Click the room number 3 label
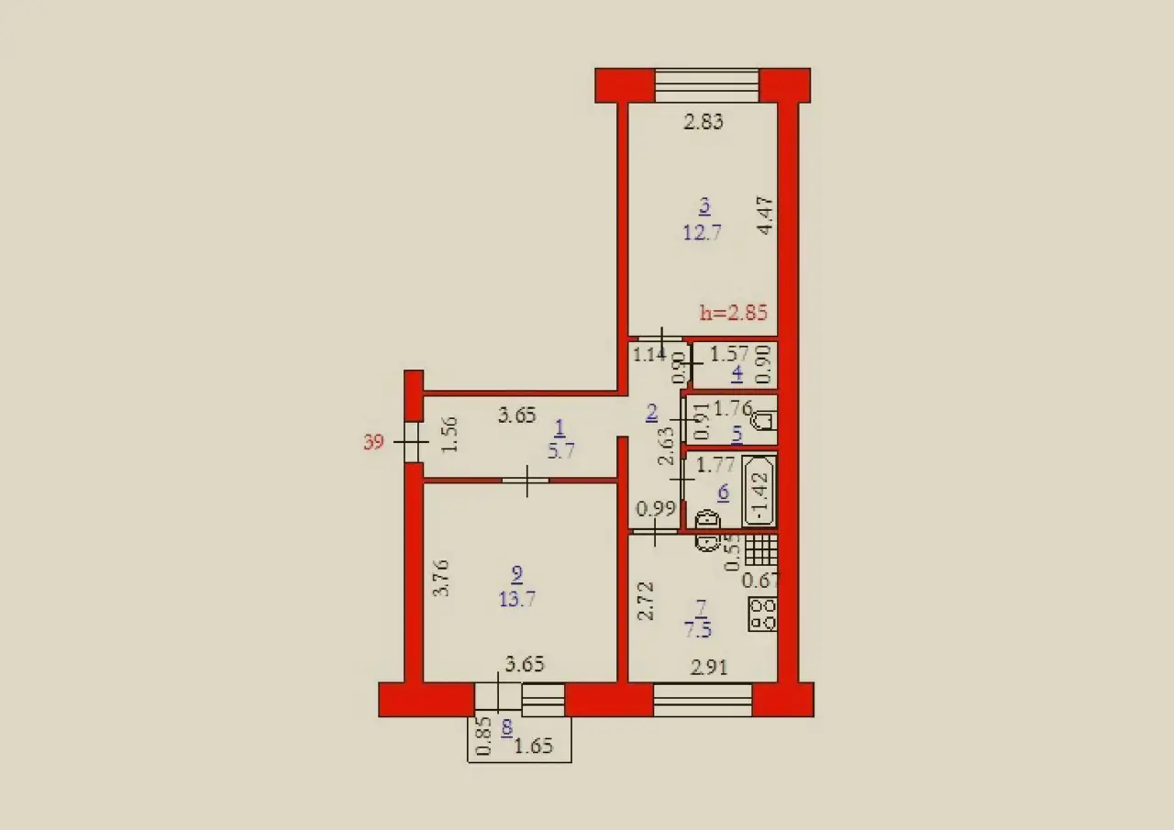tap(704, 205)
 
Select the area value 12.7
tap(703, 231)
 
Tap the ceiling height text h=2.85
tap(733, 312)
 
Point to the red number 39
tap(373, 444)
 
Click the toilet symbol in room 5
tap(762, 422)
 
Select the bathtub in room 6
tap(759, 492)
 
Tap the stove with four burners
tap(763, 615)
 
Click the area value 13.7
tap(517, 599)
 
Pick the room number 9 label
tap(516, 574)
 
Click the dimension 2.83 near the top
tap(703, 122)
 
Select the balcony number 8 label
tap(506, 729)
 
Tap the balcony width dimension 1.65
tap(533, 747)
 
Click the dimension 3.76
tap(440, 579)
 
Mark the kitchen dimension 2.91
tap(709, 668)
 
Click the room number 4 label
tap(737, 373)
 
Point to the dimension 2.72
tap(646, 600)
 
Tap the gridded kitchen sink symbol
tap(760, 549)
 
